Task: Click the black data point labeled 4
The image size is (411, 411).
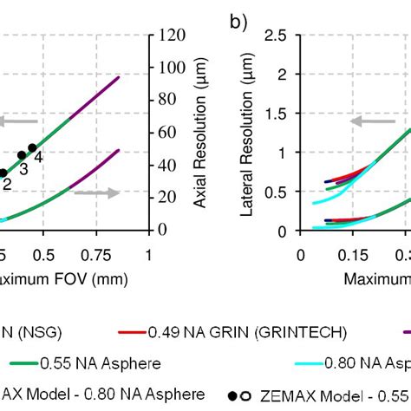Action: pyautogui.click(x=32, y=148)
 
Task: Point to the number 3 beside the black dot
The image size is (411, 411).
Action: pyautogui.click(x=23, y=169)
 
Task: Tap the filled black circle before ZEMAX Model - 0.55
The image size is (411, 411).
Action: pyautogui.click(x=235, y=395)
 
